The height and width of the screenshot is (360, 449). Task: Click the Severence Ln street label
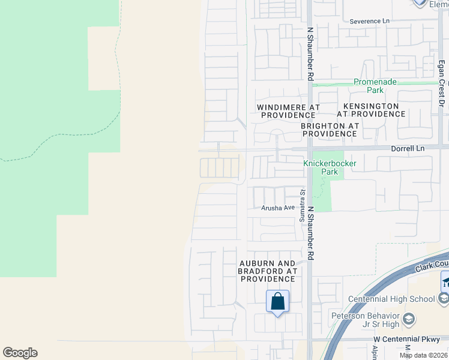click(369, 21)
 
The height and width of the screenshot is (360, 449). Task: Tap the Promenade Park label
click(376, 86)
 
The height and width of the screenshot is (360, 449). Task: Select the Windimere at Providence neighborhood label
click(288, 111)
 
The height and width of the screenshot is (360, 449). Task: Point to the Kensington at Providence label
click(368, 109)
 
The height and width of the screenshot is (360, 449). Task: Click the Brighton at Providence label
click(330, 130)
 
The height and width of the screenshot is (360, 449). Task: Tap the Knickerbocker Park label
click(330, 167)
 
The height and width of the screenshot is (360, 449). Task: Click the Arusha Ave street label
click(278, 208)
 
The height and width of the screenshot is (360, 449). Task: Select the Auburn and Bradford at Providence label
click(267, 271)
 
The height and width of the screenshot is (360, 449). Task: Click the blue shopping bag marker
click(277, 301)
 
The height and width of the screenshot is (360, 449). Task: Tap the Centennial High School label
click(391, 299)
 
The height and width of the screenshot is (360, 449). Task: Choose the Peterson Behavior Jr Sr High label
click(366, 320)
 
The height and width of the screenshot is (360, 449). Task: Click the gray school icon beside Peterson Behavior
click(409, 318)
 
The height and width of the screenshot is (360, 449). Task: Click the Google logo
click(20, 353)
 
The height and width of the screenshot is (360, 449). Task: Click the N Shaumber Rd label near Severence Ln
click(310, 53)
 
